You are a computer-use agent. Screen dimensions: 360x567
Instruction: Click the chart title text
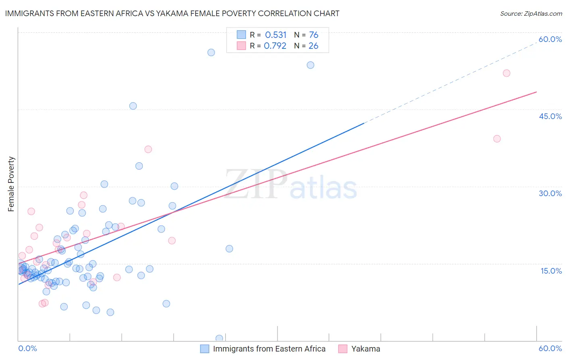172,13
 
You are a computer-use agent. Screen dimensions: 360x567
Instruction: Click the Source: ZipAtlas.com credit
531,13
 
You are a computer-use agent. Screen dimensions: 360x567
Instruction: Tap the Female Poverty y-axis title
11,184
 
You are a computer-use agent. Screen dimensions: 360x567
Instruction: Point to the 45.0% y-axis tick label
550,116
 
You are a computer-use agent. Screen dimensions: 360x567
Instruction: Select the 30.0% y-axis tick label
550,193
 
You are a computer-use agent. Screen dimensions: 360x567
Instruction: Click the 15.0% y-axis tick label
551,271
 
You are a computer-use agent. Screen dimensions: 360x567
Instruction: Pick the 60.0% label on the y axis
550,39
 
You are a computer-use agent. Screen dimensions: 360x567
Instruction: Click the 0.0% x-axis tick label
27,348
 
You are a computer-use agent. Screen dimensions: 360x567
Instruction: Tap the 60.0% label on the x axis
550,348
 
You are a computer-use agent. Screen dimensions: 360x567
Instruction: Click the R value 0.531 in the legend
276,35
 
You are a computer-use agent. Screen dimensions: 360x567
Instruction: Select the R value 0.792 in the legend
275,46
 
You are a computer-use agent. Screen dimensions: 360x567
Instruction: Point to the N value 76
314,35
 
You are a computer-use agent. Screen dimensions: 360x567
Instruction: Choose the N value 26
313,46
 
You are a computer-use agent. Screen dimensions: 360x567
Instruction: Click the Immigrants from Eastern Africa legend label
269,349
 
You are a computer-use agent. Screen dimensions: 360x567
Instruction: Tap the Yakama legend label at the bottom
365,349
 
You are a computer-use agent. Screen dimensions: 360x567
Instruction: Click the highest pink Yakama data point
507,73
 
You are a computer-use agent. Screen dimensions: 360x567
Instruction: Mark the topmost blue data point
211,52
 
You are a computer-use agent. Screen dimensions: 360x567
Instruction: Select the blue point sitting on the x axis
219,339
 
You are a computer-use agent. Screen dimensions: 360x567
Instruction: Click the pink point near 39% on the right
497,139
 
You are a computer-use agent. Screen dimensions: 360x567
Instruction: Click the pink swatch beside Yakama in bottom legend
343,349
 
